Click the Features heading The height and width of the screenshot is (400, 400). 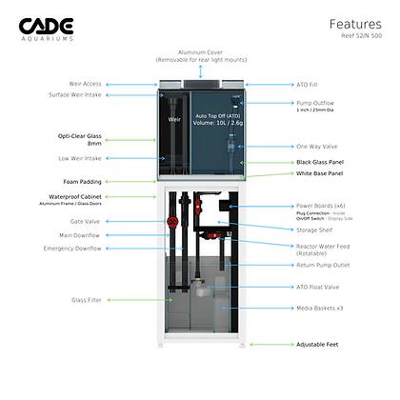(356, 24)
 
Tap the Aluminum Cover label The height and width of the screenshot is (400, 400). (199, 54)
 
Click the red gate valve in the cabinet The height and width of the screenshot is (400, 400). (173, 222)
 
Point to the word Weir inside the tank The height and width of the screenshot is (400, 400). (174, 120)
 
